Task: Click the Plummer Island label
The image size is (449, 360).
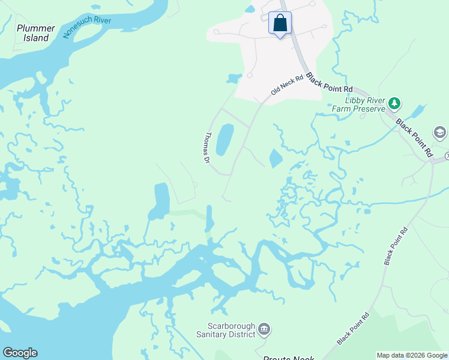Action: tap(36, 33)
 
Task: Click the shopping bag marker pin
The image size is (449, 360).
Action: tap(280, 23)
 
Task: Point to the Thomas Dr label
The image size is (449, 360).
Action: tap(207, 148)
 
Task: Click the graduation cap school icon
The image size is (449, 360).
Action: tap(440, 133)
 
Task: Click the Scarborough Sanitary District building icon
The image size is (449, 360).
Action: tap(264, 329)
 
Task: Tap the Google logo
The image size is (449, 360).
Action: tap(20, 353)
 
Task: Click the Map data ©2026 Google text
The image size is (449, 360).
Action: tap(411, 355)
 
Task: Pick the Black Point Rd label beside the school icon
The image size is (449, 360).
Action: tap(414, 138)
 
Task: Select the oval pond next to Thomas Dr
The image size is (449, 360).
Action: tap(224, 139)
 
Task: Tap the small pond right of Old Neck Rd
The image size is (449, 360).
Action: tap(275, 158)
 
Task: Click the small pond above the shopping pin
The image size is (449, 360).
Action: tap(250, 9)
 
